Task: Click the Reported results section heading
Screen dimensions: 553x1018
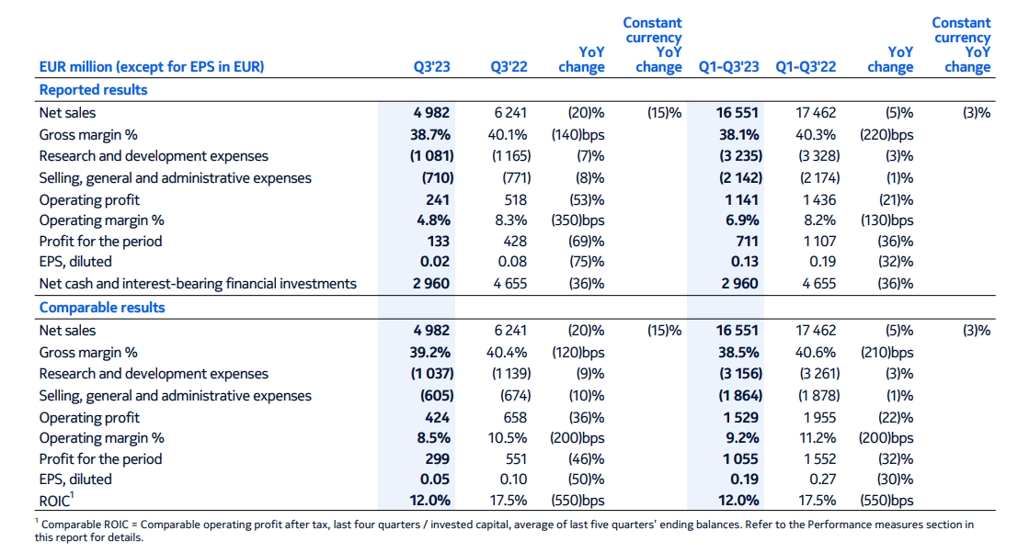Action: coord(93,90)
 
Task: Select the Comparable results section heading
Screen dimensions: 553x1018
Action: coord(101,308)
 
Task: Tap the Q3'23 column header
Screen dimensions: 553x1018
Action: coord(431,67)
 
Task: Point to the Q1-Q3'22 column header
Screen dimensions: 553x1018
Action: coord(806,67)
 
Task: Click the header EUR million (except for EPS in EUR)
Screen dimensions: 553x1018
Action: coord(151,67)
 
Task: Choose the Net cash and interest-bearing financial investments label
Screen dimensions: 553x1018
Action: coord(197,284)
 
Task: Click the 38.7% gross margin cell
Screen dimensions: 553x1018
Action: coord(431,134)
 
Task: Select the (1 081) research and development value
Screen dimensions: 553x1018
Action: coord(429,156)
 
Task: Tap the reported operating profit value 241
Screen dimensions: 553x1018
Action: coord(437,199)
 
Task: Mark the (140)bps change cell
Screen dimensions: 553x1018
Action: coord(578,134)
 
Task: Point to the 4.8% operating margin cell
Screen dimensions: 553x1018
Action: coord(433,220)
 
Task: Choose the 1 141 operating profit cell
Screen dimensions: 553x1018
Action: coord(740,199)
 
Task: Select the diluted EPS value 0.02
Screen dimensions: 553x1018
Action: coord(436,263)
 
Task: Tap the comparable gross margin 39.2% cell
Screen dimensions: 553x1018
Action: coord(431,353)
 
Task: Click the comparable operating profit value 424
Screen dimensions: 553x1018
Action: coord(437,417)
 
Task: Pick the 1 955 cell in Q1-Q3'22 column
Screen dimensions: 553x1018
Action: coord(818,417)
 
